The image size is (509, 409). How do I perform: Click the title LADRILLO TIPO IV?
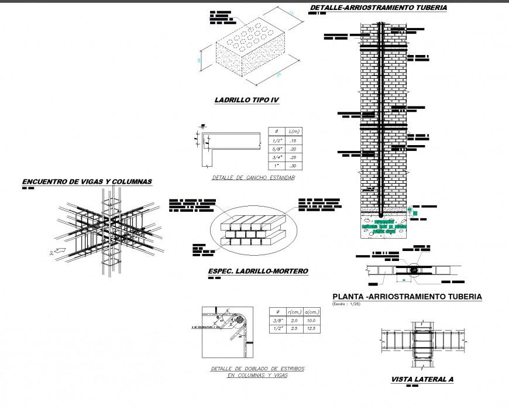pos(246,101)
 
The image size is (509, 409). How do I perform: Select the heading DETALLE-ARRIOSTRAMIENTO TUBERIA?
pos(378,8)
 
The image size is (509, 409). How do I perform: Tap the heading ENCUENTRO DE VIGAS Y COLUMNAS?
pos(87,182)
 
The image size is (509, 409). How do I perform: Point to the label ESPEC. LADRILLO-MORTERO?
pos(257,271)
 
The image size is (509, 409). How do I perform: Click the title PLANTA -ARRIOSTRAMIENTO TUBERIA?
pos(407,297)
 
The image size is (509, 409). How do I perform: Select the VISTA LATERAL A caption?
pos(422,380)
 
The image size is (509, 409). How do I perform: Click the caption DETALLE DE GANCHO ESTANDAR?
pos(253,177)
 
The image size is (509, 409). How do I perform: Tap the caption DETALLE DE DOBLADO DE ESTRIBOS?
pos(257,369)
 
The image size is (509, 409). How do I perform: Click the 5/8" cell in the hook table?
pos(277,149)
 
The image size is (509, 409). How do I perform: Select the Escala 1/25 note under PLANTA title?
pos(348,304)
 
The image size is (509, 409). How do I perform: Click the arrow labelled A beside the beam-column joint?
pos(57,252)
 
